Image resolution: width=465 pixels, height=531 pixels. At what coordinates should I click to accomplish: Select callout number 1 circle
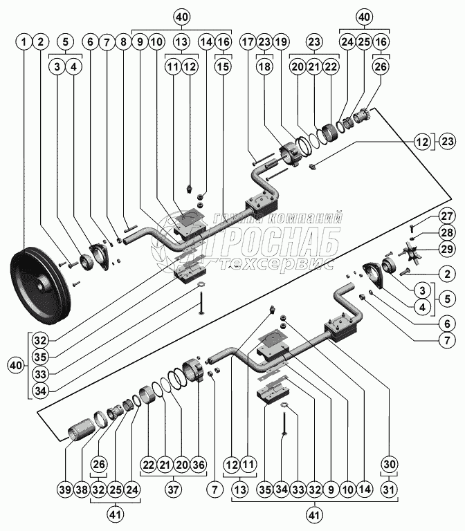pos(25,42)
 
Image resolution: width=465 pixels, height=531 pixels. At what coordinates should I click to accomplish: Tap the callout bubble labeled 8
pos(124,42)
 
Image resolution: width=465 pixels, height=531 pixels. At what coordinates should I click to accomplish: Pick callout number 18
pos(264,67)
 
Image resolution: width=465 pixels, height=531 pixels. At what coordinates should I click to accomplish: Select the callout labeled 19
pos(281,42)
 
